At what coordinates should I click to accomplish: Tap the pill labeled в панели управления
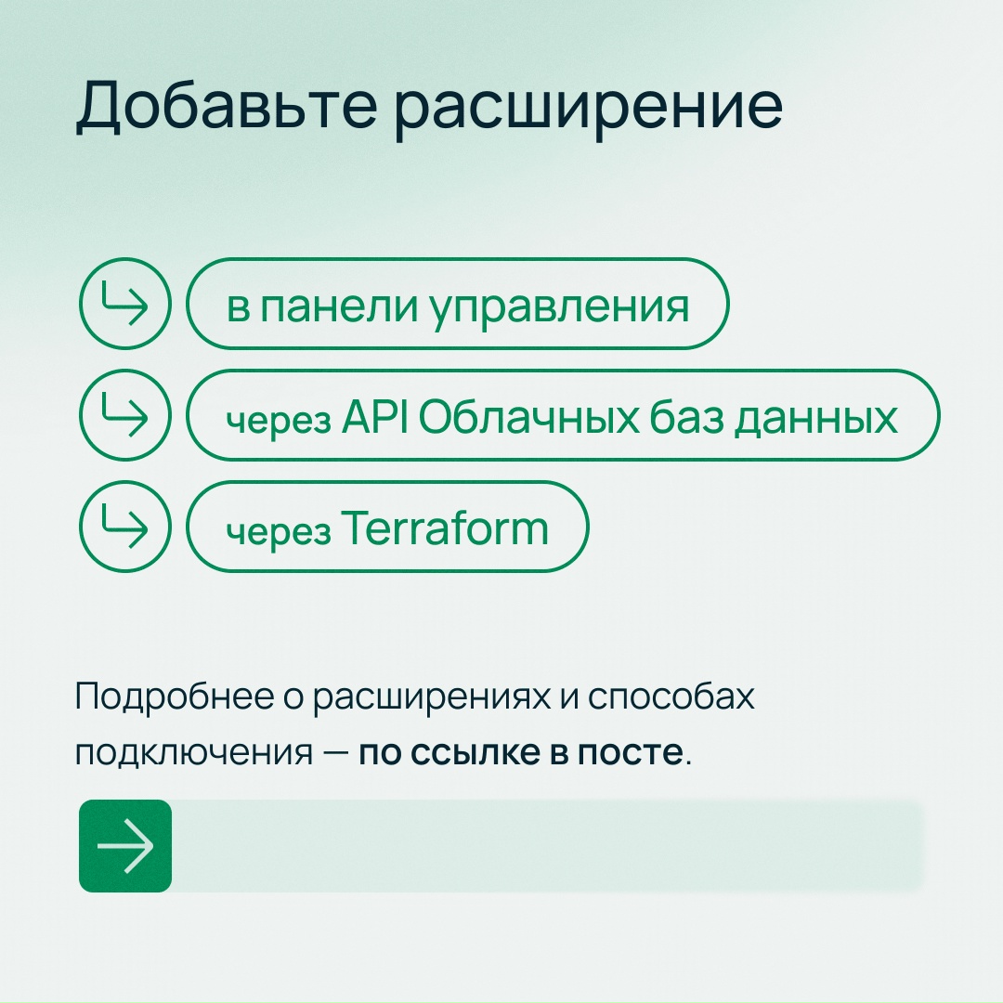(457, 305)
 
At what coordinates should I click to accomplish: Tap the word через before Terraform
(279, 531)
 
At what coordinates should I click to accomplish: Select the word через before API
(279, 420)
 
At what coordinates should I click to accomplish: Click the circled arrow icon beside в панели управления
(124, 304)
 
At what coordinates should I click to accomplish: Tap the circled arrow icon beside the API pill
(124, 415)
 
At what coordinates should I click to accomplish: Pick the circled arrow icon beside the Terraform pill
(124, 527)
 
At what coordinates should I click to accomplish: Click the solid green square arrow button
(125, 846)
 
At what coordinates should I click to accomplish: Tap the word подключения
(194, 752)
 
